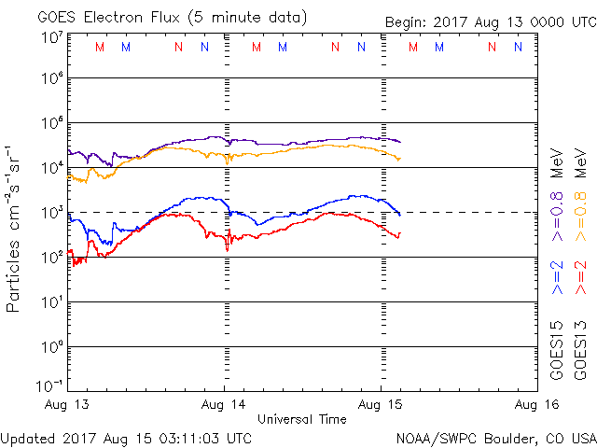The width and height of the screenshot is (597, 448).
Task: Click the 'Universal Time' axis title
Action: click(301, 419)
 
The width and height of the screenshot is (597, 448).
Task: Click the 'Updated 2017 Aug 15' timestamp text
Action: click(126, 437)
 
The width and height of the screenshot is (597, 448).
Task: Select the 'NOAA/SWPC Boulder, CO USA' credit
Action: click(495, 437)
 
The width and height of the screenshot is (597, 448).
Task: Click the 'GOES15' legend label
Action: click(557, 353)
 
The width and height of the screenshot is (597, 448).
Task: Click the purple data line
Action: click(280, 143)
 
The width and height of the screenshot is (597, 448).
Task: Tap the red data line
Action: click(280, 229)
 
